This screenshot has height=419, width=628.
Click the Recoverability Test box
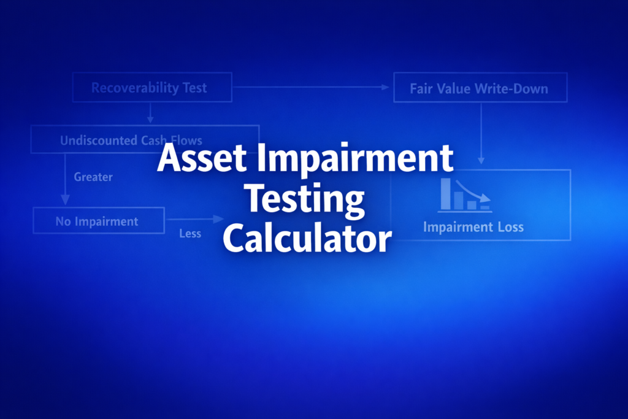(x=152, y=88)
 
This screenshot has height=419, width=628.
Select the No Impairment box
(x=98, y=221)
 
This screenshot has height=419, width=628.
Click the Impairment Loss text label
(x=473, y=227)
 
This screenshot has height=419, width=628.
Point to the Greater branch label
(x=93, y=177)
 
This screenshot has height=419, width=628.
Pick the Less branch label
(x=190, y=234)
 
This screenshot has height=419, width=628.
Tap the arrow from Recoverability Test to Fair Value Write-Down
(x=312, y=88)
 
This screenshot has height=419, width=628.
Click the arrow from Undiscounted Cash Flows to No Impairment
(x=65, y=179)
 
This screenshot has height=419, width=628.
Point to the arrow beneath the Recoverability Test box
(x=150, y=112)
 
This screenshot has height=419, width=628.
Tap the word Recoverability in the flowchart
(x=128, y=88)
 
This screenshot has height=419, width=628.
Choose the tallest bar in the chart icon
(x=446, y=193)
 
